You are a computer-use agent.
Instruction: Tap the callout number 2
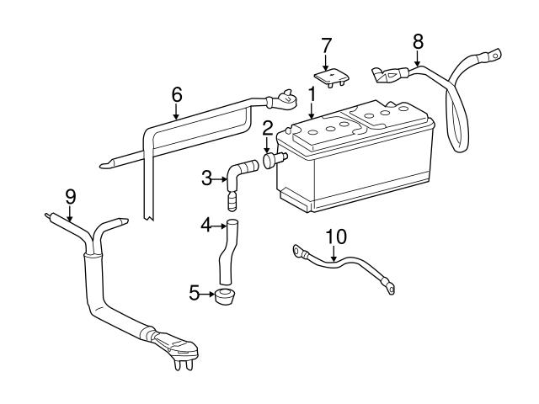tap(267, 128)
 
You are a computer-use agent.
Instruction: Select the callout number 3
tap(206, 178)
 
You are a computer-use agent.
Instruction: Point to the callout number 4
tap(205, 225)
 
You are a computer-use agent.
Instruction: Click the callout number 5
tap(195, 294)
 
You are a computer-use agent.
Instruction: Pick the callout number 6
tap(176, 94)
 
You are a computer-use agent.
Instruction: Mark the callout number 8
tap(418, 40)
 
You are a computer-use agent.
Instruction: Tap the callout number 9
tap(71, 196)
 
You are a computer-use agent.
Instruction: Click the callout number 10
tap(336, 237)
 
